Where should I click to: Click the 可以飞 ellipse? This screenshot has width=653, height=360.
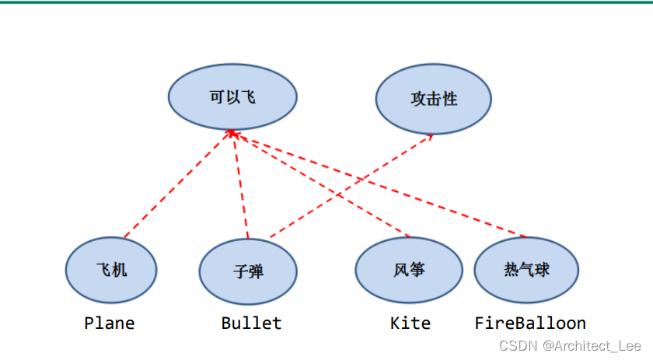tap(232, 97)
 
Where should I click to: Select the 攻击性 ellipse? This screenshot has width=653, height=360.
tap(433, 99)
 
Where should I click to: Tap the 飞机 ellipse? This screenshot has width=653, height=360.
tap(111, 270)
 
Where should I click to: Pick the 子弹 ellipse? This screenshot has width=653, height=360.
tap(248, 271)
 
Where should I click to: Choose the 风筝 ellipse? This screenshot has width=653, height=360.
tap(410, 270)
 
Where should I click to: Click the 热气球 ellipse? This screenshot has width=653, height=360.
tap(526, 269)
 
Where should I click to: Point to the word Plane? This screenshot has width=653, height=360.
tap(110, 323)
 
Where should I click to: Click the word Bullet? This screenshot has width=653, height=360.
tap(251, 323)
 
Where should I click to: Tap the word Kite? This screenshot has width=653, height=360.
tap(410, 323)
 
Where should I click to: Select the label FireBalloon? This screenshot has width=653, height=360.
tap(530, 323)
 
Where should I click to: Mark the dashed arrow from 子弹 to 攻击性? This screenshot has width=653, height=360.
tap(350, 187)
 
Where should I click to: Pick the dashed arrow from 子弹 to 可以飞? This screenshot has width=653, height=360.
tap(240, 187)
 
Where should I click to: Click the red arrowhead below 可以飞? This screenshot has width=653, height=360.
tap(232, 135)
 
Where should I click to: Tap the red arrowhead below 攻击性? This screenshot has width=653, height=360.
tap(431, 138)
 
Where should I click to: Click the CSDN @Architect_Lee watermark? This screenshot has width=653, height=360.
tap(570, 345)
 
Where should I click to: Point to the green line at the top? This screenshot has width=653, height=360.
tap(326, 2)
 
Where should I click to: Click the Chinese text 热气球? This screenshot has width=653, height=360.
tap(526, 269)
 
